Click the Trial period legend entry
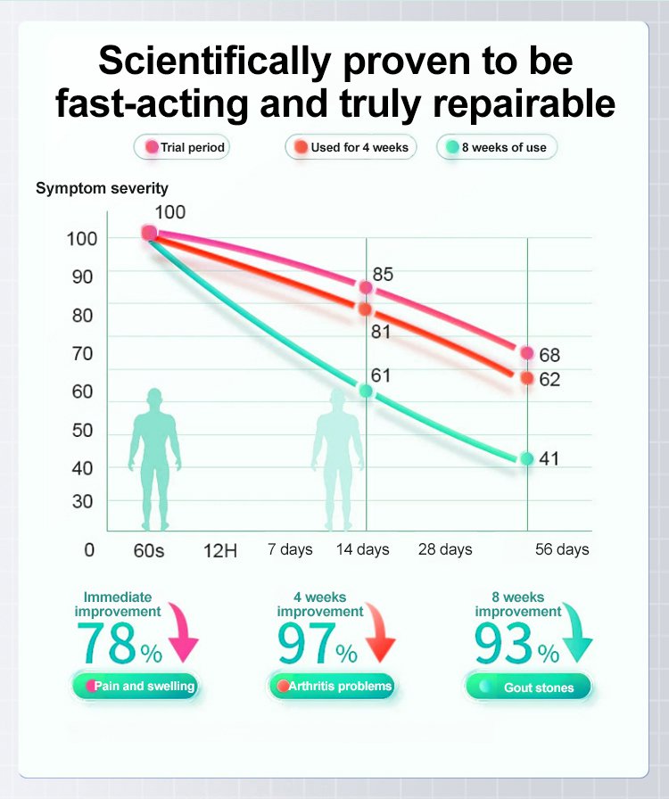pos(182,147)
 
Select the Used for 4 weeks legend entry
pos(351,147)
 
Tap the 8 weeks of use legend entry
pos(497,147)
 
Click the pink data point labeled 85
pos(366,287)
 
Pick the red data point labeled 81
pos(365,309)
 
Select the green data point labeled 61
pos(366,391)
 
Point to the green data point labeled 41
pos(527,458)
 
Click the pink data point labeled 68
pos(527,353)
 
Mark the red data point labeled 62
pos(527,378)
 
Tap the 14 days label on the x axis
pos(362,549)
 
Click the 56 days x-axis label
pos(562,549)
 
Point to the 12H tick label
pos(220,550)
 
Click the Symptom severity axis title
pos(102,189)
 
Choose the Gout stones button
pos(527,688)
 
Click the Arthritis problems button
pos(332,687)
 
